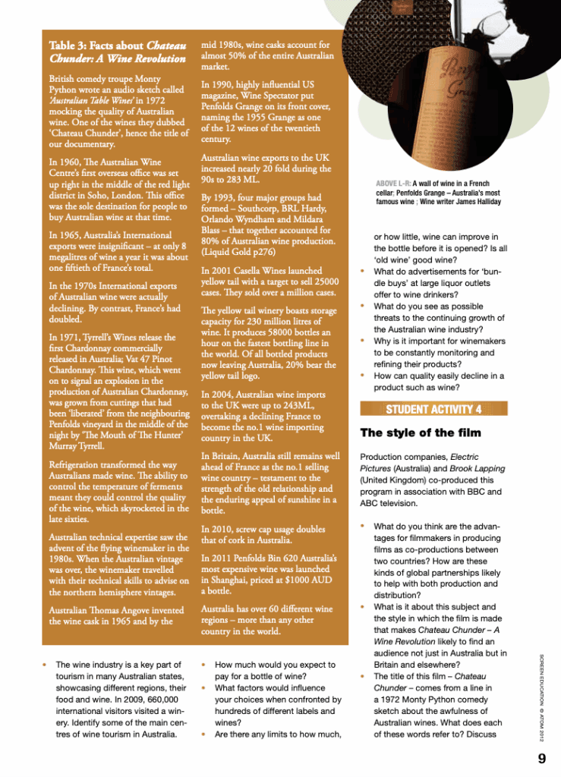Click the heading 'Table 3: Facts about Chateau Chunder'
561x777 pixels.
pyautogui.click(x=117, y=52)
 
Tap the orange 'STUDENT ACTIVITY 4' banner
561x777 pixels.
pyautogui.click(x=433, y=410)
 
